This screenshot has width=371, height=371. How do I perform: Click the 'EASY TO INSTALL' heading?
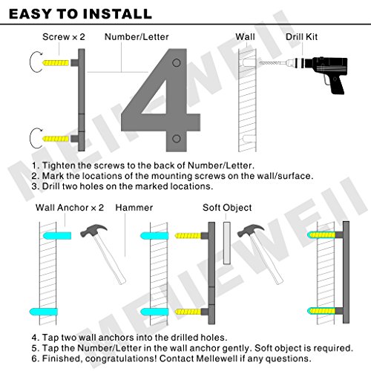(80, 14)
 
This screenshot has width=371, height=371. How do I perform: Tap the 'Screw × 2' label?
(64, 37)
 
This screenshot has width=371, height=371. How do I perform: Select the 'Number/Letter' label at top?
(137, 37)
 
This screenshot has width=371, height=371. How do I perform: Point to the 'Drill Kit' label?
(301, 37)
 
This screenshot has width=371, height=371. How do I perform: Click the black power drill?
(326, 72)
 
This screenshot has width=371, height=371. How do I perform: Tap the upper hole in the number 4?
(177, 63)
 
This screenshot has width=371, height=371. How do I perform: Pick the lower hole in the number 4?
(177, 139)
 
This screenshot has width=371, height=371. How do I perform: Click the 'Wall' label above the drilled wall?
(245, 37)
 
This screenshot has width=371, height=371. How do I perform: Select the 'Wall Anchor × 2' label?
(70, 208)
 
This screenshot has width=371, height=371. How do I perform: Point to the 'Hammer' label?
(134, 208)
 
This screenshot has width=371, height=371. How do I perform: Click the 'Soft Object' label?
(227, 208)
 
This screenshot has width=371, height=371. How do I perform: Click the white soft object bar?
(227, 243)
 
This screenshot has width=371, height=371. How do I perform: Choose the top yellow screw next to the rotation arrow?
(56, 62)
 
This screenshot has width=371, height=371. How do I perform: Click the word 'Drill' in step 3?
(51, 186)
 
